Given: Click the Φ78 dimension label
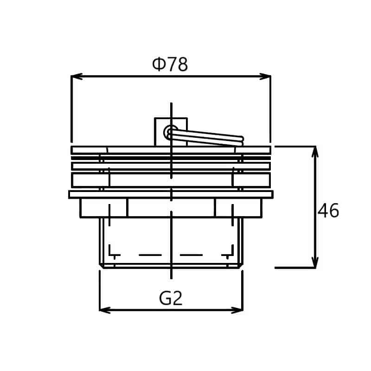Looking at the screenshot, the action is click(x=170, y=64).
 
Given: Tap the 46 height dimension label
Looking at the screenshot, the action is click(x=328, y=211).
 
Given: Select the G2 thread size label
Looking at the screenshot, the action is click(x=171, y=298).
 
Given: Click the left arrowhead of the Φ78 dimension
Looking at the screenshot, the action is click(x=77, y=77).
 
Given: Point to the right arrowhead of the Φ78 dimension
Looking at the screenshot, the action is click(x=265, y=77).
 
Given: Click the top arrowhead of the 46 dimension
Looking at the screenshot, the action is click(x=315, y=152).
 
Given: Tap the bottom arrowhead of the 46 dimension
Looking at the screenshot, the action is click(x=315, y=262).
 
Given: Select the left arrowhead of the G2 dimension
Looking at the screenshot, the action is click(x=105, y=310).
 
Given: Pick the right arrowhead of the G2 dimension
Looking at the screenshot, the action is click(x=237, y=310).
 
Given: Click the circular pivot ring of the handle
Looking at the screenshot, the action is click(x=170, y=132).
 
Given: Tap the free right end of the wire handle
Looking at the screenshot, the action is click(x=241, y=141).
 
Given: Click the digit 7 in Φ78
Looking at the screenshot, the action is click(x=172, y=64).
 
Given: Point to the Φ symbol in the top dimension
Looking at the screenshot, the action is click(x=159, y=64).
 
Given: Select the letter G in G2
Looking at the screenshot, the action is click(x=165, y=298).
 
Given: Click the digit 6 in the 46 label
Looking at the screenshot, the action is click(x=334, y=211).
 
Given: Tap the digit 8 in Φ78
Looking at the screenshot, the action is click(x=183, y=64).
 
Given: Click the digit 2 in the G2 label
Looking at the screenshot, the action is click(x=178, y=298).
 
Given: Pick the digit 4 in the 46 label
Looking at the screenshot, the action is click(x=323, y=211).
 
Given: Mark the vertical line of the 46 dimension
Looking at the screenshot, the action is click(x=315, y=207).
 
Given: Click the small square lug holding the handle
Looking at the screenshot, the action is click(x=171, y=132).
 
